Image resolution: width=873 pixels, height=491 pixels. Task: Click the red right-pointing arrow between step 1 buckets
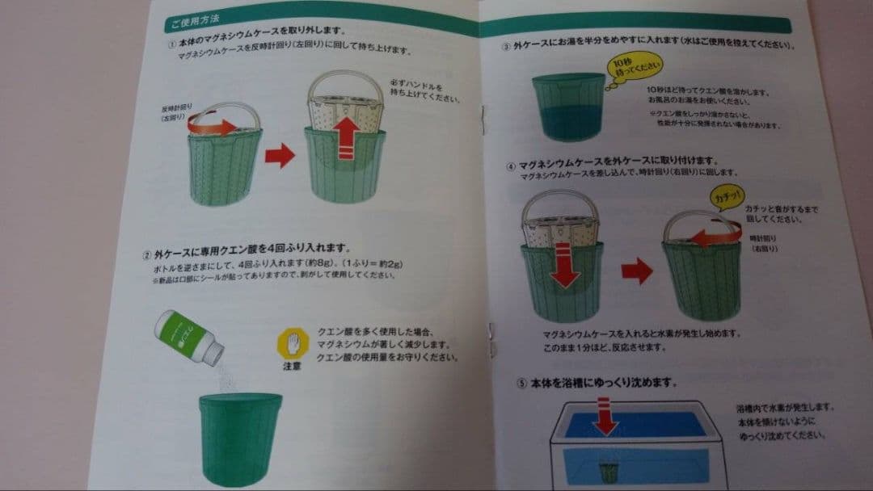coord(280,155)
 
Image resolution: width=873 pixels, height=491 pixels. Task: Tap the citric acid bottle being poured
coord(192,333)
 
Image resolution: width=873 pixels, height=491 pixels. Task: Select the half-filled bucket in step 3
coord(567,106)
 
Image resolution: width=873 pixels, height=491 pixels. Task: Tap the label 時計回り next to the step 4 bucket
coord(763,238)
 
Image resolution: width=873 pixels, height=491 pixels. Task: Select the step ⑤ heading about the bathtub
coord(595,380)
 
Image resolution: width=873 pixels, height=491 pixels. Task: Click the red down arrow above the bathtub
coord(603,416)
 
